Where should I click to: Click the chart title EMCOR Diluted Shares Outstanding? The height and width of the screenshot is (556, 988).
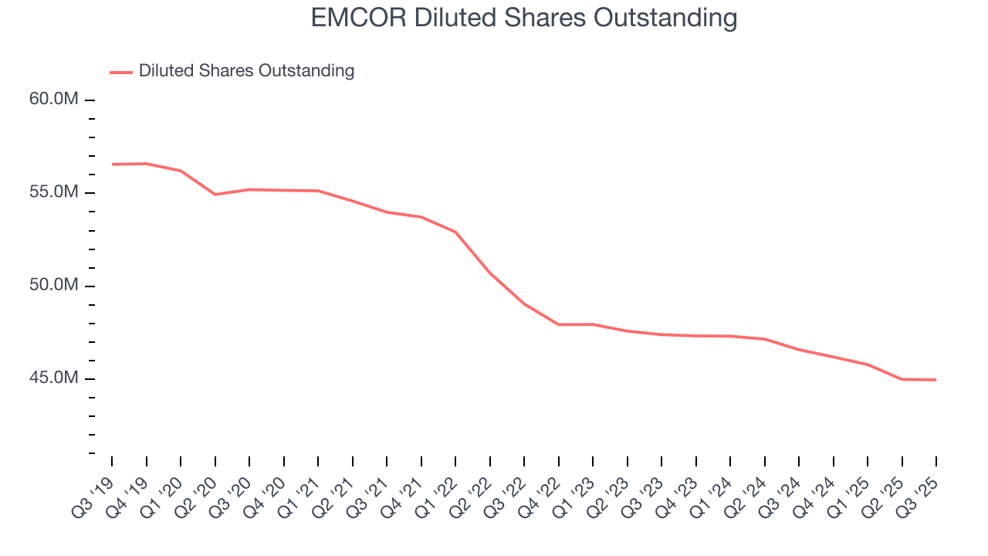click(524, 18)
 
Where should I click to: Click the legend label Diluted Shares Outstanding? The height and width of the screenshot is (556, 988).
click(246, 71)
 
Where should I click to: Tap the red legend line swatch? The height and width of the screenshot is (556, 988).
click(121, 72)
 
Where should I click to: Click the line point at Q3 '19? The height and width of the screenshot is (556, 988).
click(112, 164)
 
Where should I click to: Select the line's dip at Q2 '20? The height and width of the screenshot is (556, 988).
click(215, 195)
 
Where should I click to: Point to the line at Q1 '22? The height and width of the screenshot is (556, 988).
click(455, 232)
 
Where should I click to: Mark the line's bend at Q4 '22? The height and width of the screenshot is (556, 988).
click(558, 324)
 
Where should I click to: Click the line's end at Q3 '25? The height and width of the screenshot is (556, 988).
click(936, 380)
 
